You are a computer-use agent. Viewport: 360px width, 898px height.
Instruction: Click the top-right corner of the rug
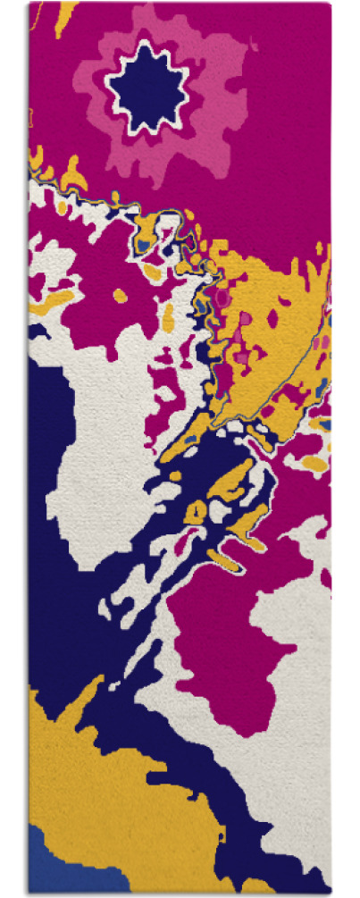coord(330,4)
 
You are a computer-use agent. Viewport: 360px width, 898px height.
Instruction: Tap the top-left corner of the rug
coord(29,4)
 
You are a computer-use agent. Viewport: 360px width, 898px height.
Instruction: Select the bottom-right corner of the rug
coord(330,894)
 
